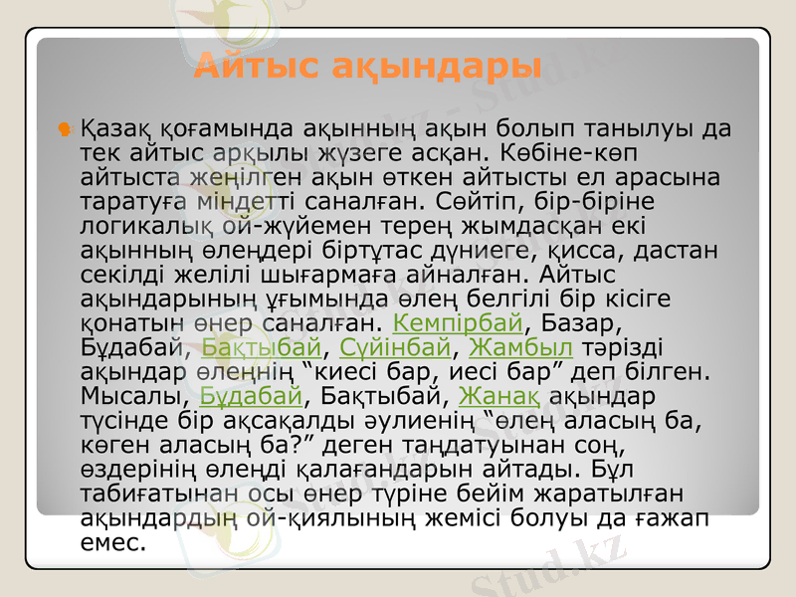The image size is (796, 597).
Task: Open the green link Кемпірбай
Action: [x=458, y=323]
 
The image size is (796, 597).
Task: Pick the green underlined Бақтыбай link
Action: [x=262, y=347]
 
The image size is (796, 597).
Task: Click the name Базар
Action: [x=578, y=323]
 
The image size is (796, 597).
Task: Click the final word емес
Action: [x=110, y=542]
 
